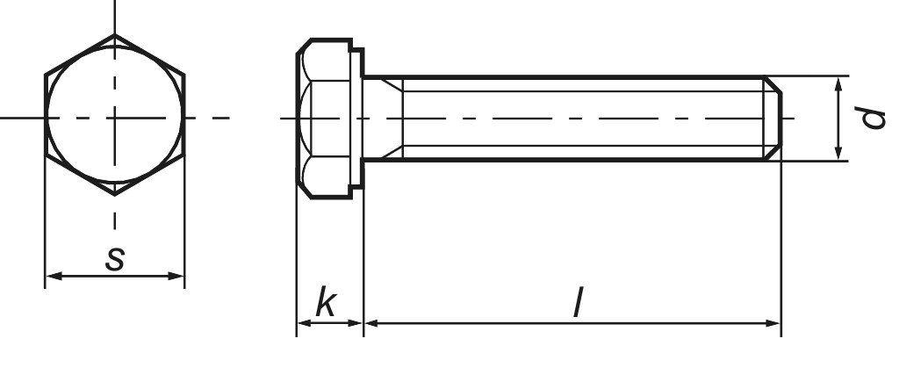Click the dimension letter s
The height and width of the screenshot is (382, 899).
(x=115, y=259)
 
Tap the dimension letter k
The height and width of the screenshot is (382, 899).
(x=326, y=304)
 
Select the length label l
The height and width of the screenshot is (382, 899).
(x=576, y=304)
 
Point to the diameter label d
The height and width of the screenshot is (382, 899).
(x=872, y=118)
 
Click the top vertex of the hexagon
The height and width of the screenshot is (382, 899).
(x=114, y=36)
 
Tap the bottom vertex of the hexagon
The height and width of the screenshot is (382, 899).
(x=114, y=197)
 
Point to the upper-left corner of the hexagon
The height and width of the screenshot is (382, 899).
(x=45, y=76)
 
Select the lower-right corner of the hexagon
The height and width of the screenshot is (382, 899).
(x=184, y=157)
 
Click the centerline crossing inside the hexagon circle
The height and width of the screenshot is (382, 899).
(x=114, y=117)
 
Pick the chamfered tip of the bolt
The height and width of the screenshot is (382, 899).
(x=773, y=118)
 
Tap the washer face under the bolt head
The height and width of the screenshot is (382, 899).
(x=357, y=118)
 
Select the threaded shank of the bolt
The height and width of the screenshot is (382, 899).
(x=579, y=118)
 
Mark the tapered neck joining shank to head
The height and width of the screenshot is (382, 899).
(x=385, y=118)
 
